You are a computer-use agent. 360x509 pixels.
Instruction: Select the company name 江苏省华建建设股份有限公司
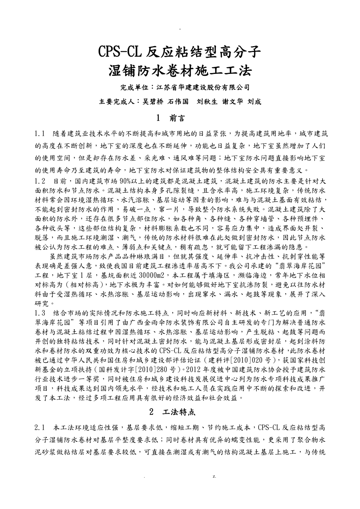tap(203, 87)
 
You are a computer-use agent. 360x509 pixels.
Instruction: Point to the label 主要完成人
tap(115, 102)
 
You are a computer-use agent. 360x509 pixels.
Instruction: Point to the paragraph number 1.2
tap(40, 181)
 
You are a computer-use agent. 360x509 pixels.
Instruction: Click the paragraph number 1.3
tap(40, 313)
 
